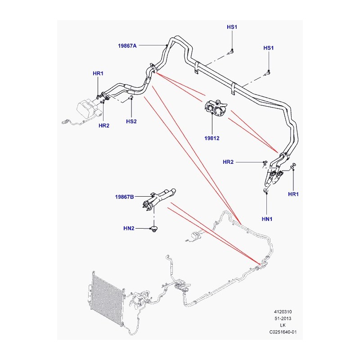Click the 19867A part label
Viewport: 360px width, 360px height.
pyautogui.click(x=127, y=46)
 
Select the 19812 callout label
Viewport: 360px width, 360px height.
pyautogui.click(x=211, y=138)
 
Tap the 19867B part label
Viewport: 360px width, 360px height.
pyautogui.click(x=125, y=197)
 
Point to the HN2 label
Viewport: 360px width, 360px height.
pyautogui.click(x=129, y=228)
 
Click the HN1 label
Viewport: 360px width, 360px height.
pyautogui.click(x=267, y=219)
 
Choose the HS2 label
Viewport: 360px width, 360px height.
pyautogui.click(x=131, y=121)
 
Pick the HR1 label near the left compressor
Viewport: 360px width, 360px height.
pyautogui.click(x=98, y=73)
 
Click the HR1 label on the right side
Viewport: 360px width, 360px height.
pyautogui.click(x=293, y=194)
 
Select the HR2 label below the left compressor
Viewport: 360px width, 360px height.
pyautogui.click(x=104, y=126)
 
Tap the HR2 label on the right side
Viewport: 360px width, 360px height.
pyautogui.click(x=228, y=162)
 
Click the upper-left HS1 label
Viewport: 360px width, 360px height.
pyautogui.click(x=232, y=27)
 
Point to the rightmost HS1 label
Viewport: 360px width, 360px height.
pyautogui.click(x=268, y=48)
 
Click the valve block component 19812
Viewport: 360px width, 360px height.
pyautogui.click(x=216, y=108)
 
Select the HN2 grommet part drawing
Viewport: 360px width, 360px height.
pyautogui.click(x=153, y=229)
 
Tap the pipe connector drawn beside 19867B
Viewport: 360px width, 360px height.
pyautogui.click(x=158, y=199)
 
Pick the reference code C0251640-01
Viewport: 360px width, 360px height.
pyautogui.click(x=283, y=332)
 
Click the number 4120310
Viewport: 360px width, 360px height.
pyautogui.click(x=283, y=312)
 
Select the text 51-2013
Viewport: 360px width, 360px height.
pyautogui.click(x=283, y=319)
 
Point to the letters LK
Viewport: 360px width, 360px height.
pyautogui.click(x=283, y=325)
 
